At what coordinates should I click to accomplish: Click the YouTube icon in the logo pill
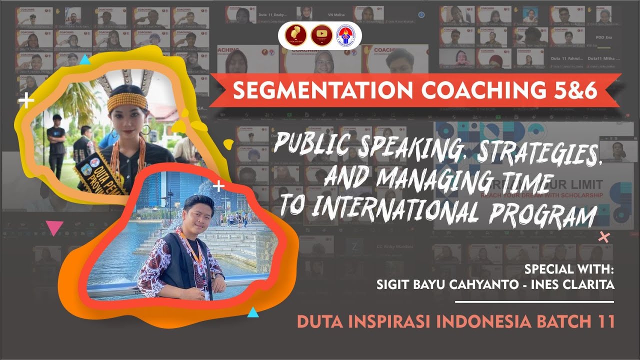point(321,35)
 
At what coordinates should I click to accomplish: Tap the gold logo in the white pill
point(293,35)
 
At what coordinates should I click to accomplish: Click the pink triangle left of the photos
point(54,228)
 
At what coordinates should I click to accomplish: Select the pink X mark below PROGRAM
point(604,237)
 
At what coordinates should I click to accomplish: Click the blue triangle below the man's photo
point(253,313)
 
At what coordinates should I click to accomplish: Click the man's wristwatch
point(217,274)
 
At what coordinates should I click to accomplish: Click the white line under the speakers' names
point(534,302)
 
